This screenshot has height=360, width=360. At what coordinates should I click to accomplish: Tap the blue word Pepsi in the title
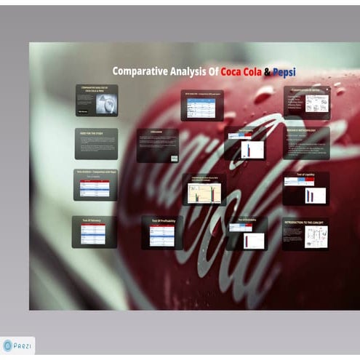tap(284, 71)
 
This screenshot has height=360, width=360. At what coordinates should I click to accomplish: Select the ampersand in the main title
tap(267, 71)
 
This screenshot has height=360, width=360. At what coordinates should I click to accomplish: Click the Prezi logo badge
tap(18, 345)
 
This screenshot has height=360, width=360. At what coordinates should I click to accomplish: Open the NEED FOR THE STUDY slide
tap(95, 143)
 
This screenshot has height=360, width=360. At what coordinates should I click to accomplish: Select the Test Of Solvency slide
tap(94, 231)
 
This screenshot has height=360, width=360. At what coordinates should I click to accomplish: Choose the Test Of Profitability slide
tap(162, 232)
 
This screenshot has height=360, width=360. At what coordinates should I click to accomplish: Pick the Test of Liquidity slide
tap(306, 188)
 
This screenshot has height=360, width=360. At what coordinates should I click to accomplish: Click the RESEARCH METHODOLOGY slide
tap(306, 143)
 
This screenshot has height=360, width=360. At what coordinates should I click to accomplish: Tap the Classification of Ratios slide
tap(307, 103)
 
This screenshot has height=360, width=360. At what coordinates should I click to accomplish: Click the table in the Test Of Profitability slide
tap(162, 235)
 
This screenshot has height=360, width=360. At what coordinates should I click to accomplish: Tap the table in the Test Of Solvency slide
tap(93, 233)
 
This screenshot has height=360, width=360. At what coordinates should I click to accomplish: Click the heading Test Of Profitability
tap(162, 220)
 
